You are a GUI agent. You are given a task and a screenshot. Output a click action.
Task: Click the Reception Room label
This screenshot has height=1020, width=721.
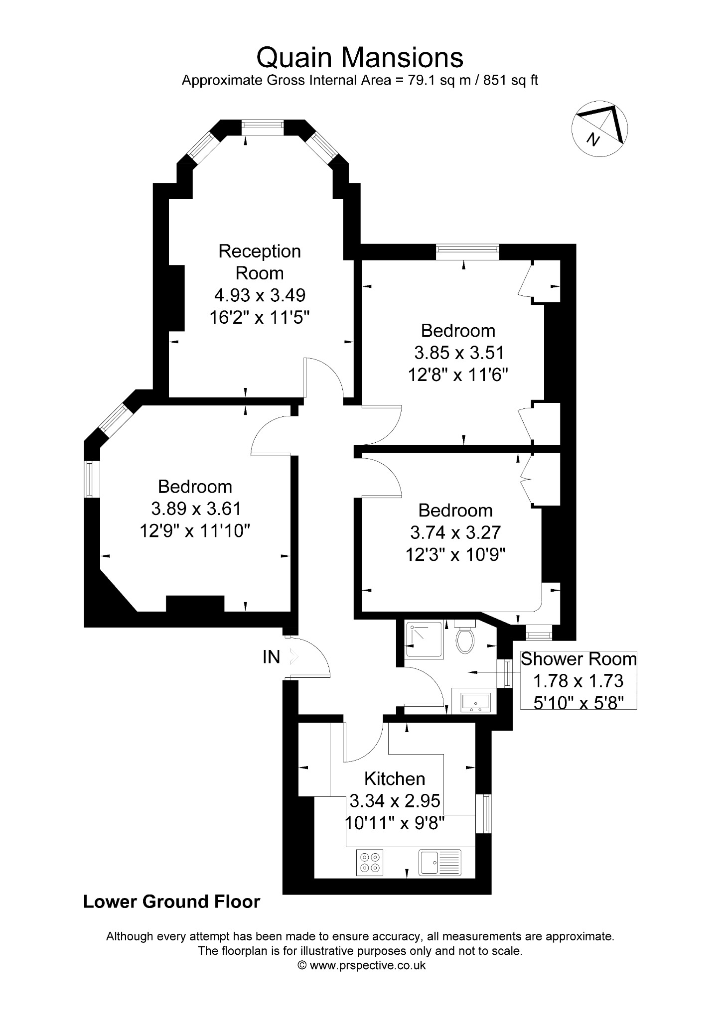click(260, 262)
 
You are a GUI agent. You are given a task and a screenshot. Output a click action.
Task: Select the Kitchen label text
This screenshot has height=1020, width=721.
click(395, 778)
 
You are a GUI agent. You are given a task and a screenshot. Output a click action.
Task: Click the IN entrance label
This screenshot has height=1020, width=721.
click(272, 657)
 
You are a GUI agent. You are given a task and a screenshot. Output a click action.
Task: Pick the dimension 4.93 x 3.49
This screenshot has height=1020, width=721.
click(260, 295)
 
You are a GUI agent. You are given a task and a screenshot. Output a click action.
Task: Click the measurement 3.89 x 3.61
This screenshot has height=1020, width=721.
click(196, 509)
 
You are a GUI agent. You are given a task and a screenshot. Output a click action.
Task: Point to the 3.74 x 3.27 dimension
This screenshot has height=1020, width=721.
click(455, 532)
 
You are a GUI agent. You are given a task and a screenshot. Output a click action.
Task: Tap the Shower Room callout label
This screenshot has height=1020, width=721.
click(578, 659)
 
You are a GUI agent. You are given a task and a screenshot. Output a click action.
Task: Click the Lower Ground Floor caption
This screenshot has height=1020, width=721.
click(172, 901)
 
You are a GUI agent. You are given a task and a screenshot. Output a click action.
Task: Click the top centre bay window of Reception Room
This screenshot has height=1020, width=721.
click(263, 127)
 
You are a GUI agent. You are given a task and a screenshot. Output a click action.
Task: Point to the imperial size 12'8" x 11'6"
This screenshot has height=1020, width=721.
click(458, 375)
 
